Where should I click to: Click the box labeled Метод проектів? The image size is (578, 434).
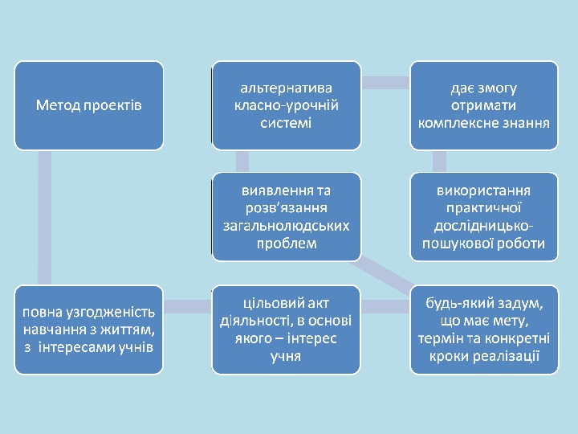click(89, 105)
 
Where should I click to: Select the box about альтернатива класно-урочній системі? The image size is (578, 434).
click(286, 105)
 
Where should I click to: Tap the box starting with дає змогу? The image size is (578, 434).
click(483, 105)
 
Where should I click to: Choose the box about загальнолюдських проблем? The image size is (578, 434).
click(286, 217)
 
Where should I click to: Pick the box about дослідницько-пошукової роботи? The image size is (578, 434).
click(483, 217)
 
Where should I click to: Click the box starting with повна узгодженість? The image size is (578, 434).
click(89, 330)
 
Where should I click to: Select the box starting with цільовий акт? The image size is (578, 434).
click(286, 330)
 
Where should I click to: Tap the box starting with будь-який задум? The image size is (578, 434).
click(483, 330)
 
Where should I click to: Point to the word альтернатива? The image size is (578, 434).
click(286, 87)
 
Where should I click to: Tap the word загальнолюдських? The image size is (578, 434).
click(286, 226)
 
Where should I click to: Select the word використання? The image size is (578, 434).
click(483, 190)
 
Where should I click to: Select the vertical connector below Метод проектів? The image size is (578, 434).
click(45, 217)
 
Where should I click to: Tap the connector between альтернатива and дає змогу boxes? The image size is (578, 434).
click(385, 82)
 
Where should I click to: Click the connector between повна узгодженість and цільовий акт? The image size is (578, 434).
click(187, 305)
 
